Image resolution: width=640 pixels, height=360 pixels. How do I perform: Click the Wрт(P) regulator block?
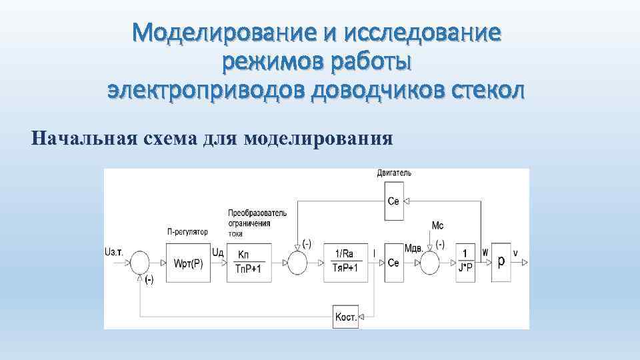click(x=187, y=262)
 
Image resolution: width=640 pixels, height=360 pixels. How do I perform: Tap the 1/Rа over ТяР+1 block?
click(x=345, y=261)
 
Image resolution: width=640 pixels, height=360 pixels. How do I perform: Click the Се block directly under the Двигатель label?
click(x=393, y=201)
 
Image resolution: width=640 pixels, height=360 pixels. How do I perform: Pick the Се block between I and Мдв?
click(x=393, y=262)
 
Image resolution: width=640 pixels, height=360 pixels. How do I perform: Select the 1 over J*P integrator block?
click(x=465, y=262)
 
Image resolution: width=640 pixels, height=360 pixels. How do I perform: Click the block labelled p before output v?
click(x=501, y=261)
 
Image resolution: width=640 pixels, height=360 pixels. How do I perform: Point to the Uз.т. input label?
click(x=113, y=251)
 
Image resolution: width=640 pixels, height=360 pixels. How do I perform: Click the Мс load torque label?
click(x=437, y=226)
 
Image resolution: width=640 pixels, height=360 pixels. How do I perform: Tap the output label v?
click(x=515, y=252)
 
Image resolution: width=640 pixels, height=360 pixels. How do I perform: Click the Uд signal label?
click(x=217, y=252)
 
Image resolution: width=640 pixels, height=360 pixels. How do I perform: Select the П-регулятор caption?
click(x=187, y=232)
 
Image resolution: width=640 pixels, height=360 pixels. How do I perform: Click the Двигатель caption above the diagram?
click(x=394, y=173)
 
